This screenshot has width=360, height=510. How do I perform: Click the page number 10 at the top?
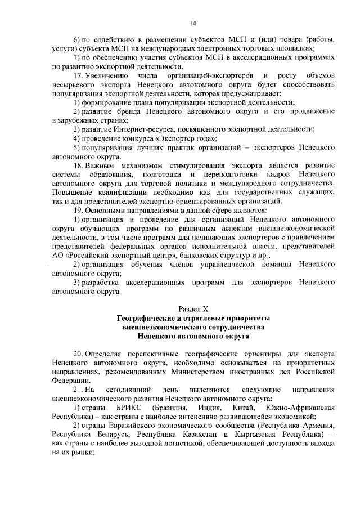193,23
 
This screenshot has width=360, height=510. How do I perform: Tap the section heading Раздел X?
193,309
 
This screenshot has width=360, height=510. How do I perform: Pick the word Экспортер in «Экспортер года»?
179,138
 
